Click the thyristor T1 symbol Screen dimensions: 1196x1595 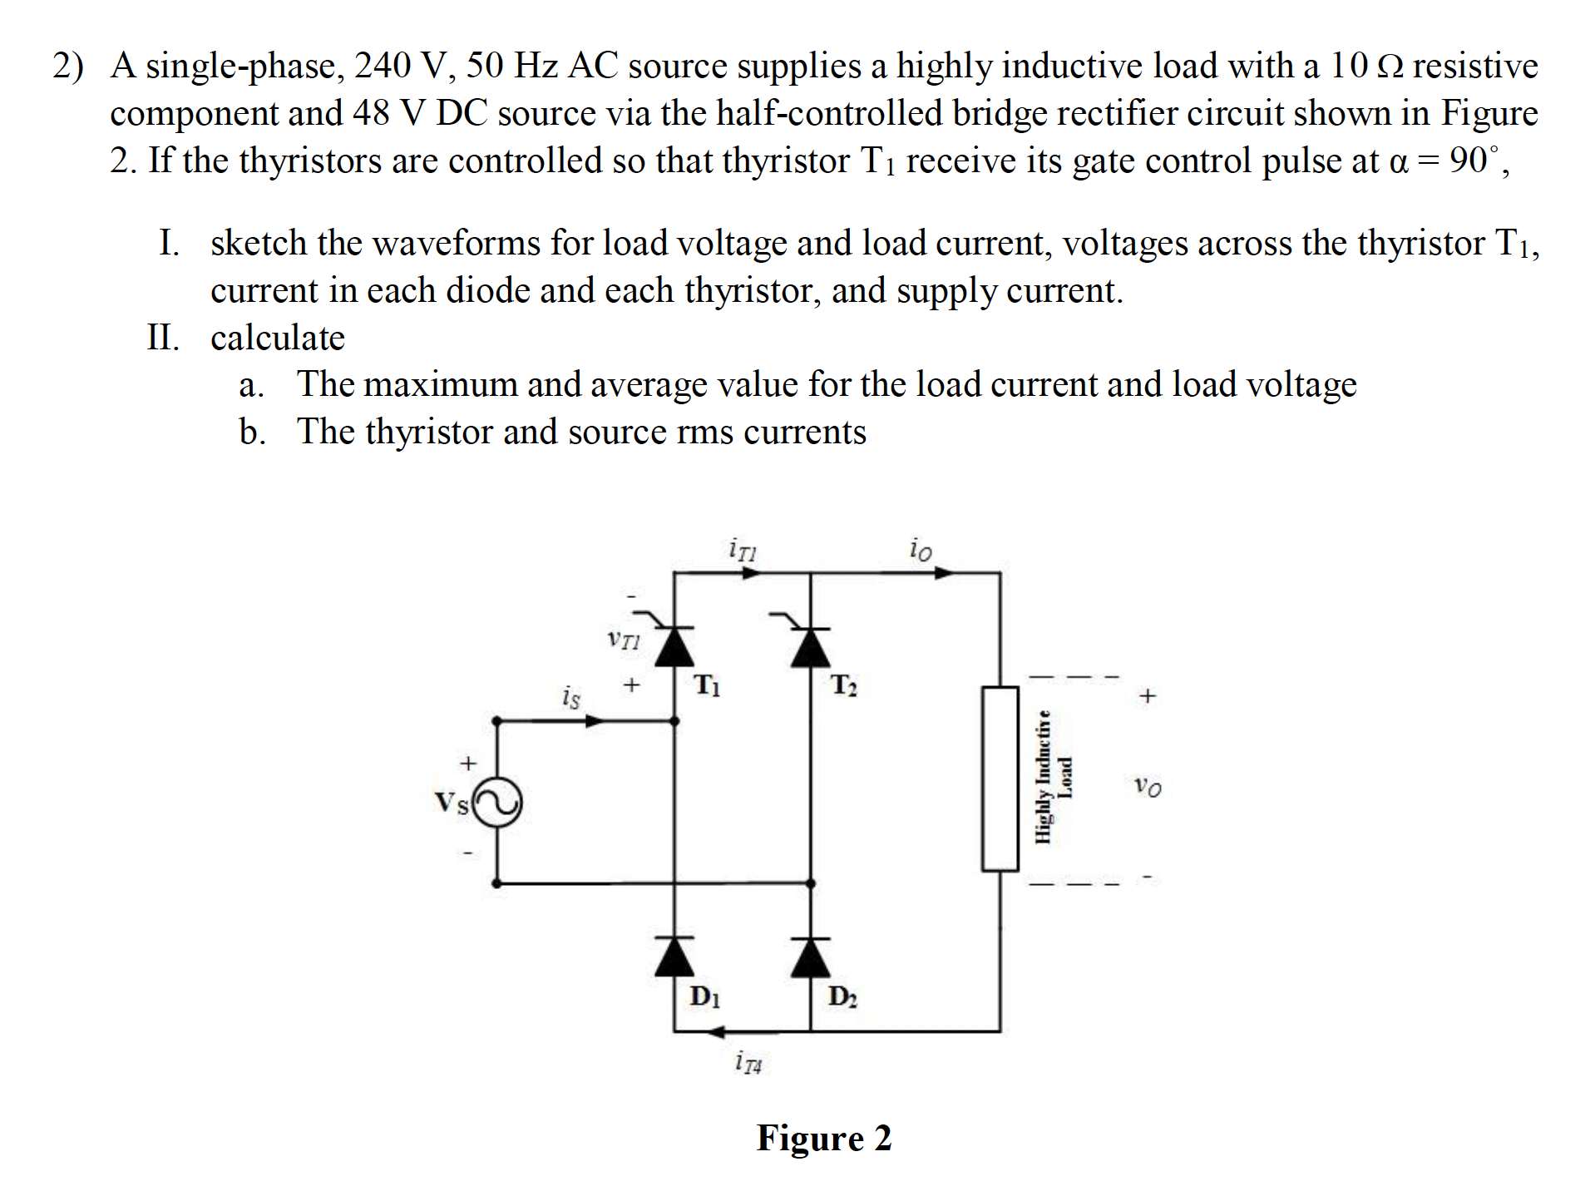(x=674, y=646)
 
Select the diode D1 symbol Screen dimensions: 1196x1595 (x=674, y=957)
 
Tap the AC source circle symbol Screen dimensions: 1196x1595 (x=497, y=802)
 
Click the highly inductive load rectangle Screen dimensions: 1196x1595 (x=1000, y=778)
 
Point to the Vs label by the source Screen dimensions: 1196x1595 (x=452, y=803)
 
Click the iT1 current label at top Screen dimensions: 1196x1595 (x=742, y=550)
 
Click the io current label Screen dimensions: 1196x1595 (x=921, y=550)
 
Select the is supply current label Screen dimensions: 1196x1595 (x=570, y=696)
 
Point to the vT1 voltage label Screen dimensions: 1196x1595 (x=624, y=640)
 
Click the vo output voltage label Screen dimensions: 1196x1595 (x=1148, y=785)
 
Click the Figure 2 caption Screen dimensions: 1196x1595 (x=823, y=1137)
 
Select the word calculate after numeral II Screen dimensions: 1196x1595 (x=277, y=338)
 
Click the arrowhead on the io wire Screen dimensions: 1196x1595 (x=943, y=572)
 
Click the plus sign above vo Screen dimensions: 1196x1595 (x=1148, y=695)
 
